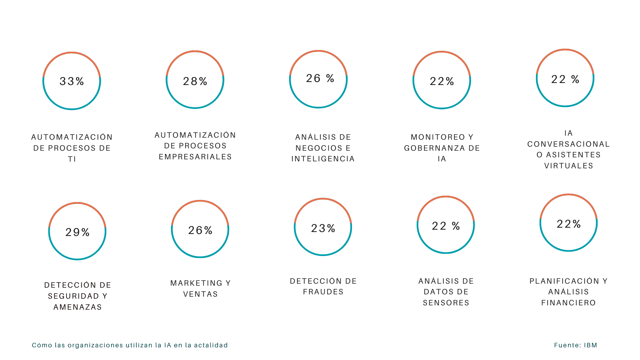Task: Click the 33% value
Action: (72, 81)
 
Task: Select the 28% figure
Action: (195, 81)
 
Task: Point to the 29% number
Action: (77, 232)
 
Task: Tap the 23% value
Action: (323, 228)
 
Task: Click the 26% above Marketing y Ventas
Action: (200, 230)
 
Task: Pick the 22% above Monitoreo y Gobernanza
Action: (442, 81)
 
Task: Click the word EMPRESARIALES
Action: (195, 157)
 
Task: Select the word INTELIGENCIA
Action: (323, 159)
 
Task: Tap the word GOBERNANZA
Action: (433, 148)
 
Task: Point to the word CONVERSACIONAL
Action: (569, 144)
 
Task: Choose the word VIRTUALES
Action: (569, 166)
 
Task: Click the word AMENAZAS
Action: (78, 307)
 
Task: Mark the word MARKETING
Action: (196, 283)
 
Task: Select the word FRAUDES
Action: (323, 292)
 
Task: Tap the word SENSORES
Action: (446, 303)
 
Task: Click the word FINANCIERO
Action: (568, 303)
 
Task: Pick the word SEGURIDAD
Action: (73, 296)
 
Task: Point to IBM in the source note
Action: (590, 345)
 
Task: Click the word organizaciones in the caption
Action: (95, 345)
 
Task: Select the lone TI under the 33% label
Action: (72, 159)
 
